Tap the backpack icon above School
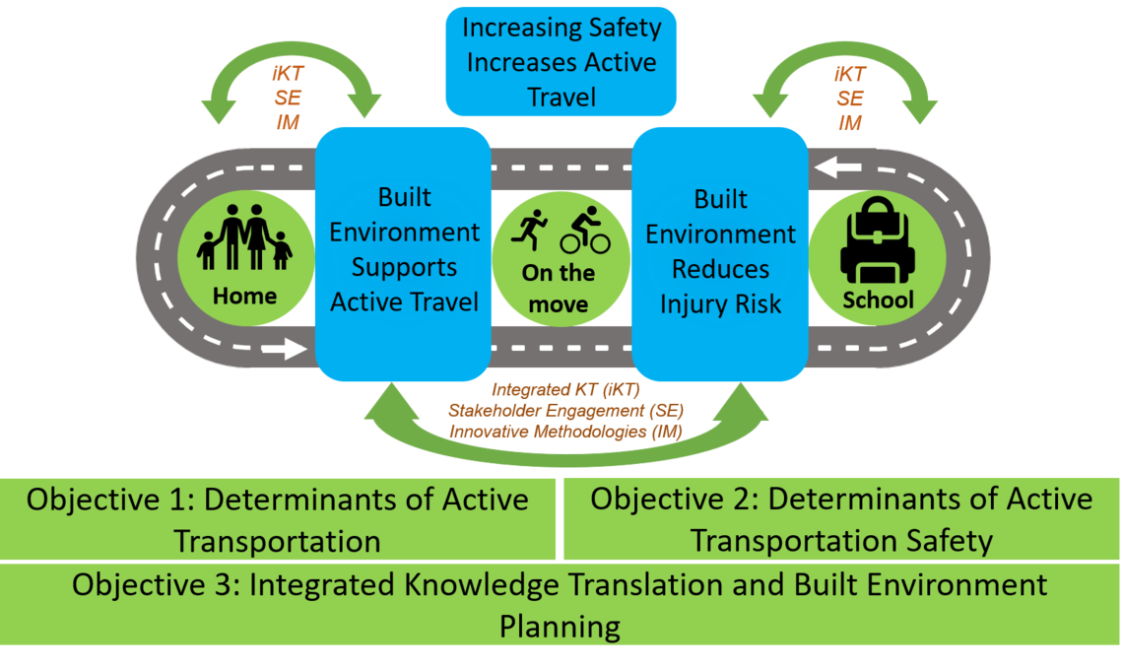coord(877,248)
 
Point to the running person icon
coord(532,231)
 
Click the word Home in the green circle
coord(244,296)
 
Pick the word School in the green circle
coord(877,300)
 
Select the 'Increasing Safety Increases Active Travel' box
coord(561,61)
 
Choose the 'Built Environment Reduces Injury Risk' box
coord(720,252)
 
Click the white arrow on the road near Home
coord(287,348)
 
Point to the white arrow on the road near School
coord(836,168)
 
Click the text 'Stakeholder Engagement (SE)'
coord(565,410)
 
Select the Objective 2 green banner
coord(841,518)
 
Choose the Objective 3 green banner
coord(561,605)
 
